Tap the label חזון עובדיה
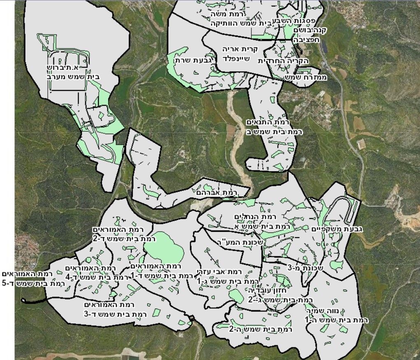[268, 290]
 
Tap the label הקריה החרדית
[283, 61]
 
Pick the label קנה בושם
[307, 31]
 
